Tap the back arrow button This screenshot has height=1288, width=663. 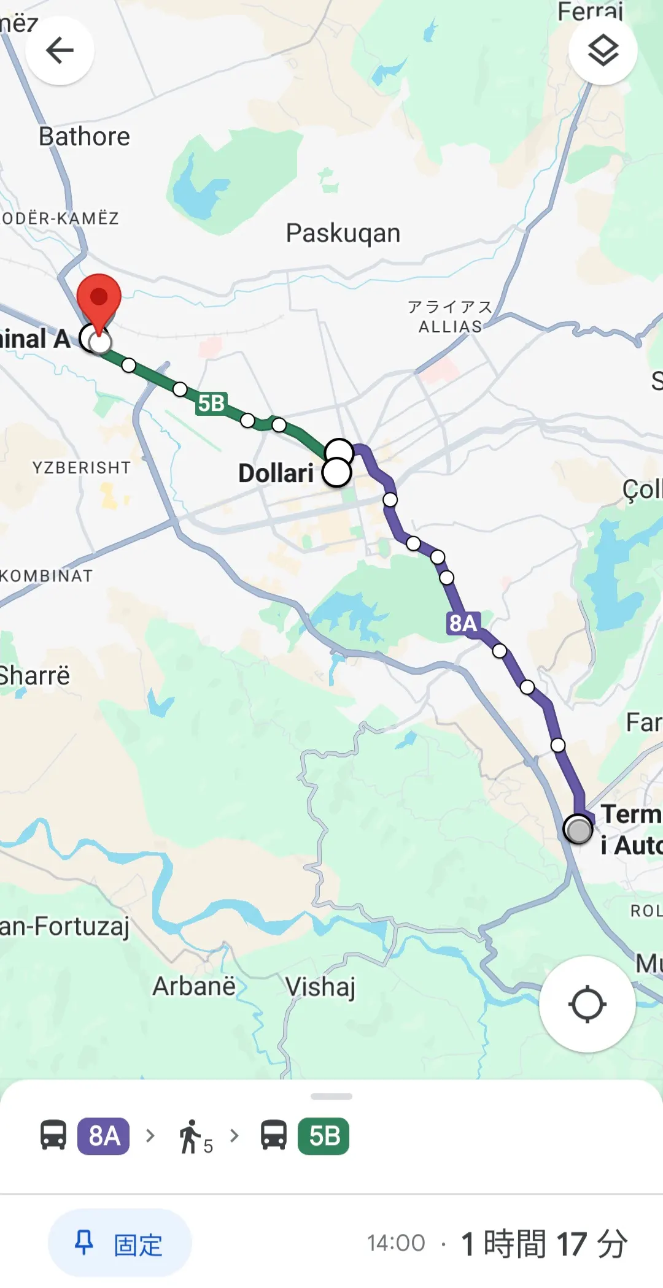click(60, 50)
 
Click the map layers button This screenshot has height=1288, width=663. click(603, 50)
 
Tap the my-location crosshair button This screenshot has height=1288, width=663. click(587, 1004)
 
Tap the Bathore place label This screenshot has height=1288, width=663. click(84, 136)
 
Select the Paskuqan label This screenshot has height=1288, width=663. click(343, 233)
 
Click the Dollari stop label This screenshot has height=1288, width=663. click(276, 473)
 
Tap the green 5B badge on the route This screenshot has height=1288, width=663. click(211, 404)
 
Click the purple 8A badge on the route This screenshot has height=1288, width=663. click(462, 623)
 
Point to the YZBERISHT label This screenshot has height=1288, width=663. click(82, 467)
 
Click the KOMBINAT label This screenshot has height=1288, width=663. click(47, 576)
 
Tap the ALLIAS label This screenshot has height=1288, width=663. click(450, 326)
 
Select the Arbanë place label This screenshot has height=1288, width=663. click(194, 986)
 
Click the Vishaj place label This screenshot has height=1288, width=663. click(320, 987)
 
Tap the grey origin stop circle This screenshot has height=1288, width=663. click(578, 830)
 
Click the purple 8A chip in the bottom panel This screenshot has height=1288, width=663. click(103, 1137)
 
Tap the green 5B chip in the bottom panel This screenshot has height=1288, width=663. click(324, 1137)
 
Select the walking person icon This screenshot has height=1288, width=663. click(190, 1137)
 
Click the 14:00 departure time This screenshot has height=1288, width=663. click(396, 1243)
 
